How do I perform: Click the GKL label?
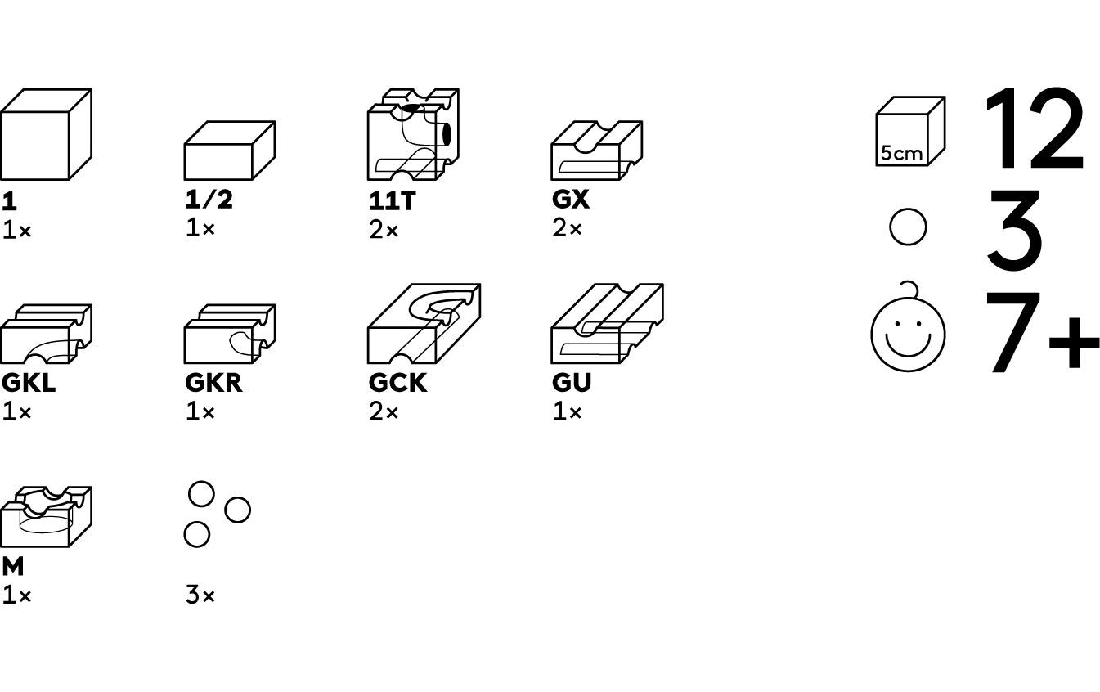[x=29, y=383]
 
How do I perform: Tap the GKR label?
[x=213, y=383]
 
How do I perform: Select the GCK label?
[x=397, y=383]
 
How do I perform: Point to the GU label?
[x=571, y=383]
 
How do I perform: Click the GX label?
[x=570, y=200]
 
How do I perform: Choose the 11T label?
[x=392, y=201]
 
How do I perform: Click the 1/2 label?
[x=209, y=200]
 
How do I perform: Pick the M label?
[x=13, y=566]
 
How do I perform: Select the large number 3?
[x=1014, y=230]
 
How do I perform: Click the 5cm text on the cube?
[x=901, y=153]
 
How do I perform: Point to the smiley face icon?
[x=908, y=331]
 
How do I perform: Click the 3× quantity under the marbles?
[x=200, y=595]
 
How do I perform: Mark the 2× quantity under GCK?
[x=384, y=412]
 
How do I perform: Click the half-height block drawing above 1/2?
[x=229, y=151]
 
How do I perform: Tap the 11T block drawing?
[x=413, y=135]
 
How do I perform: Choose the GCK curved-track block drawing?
[x=424, y=324]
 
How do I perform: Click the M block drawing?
[x=46, y=517]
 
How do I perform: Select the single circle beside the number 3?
[x=908, y=227]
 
